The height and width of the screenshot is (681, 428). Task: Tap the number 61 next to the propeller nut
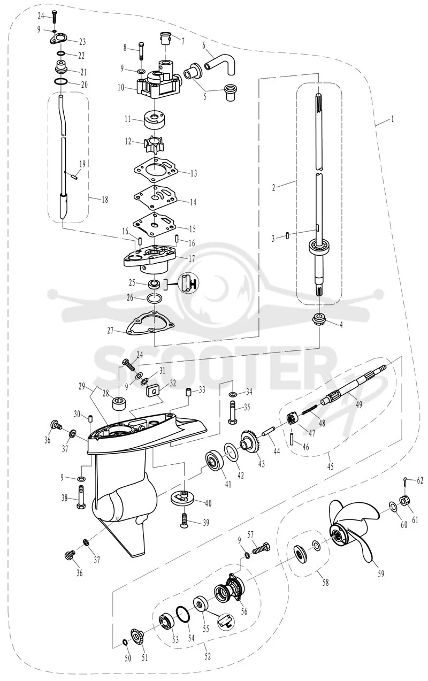tap(415, 519)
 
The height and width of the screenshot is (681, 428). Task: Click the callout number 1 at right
tap(393, 119)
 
